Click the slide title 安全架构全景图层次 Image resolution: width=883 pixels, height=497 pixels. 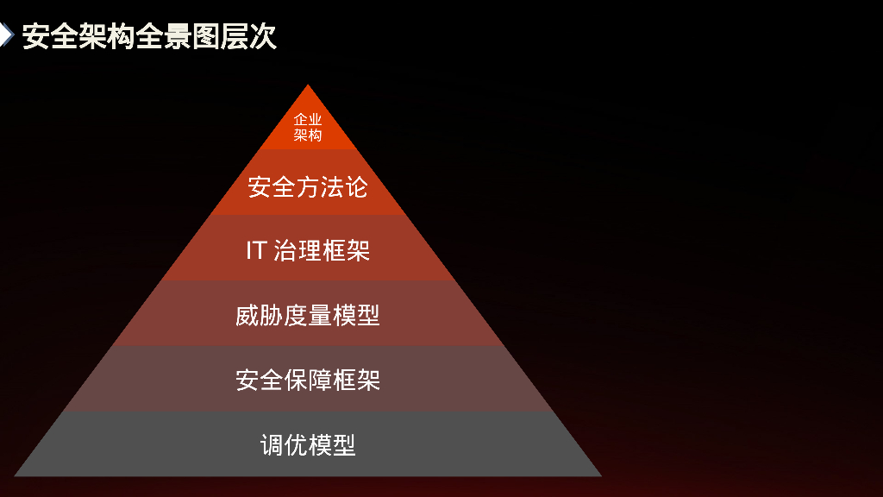click(x=149, y=36)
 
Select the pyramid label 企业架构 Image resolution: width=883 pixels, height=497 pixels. click(x=308, y=127)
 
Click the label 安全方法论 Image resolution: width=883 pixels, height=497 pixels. click(x=308, y=186)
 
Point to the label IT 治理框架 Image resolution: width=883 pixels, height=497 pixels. click(x=308, y=251)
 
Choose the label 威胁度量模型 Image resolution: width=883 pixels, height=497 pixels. click(x=308, y=316)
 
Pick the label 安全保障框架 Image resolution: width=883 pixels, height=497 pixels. click(x=308, y=381)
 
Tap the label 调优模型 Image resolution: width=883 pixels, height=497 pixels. click(x=308, y=445)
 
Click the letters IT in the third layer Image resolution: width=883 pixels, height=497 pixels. click(x=255, y=251)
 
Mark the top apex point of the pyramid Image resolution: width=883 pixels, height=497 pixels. click(x=308, y=85)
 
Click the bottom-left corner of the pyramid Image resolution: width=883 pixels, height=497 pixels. click(x=15, y=475)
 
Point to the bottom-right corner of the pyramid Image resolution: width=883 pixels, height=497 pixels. click(x=601, y=475)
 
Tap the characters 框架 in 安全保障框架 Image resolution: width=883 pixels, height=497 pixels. click(x=356, y=381)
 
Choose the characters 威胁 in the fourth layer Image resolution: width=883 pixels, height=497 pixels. click(x=260, y=316)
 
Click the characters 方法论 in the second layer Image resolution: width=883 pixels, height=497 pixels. click(x=332, y=186)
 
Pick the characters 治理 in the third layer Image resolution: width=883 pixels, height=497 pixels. click(x=297, y=251)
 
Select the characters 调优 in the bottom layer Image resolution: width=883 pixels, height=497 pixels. click(x=284, y=445)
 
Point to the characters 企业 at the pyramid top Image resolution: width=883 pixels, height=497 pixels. click(x=308, y=119)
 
